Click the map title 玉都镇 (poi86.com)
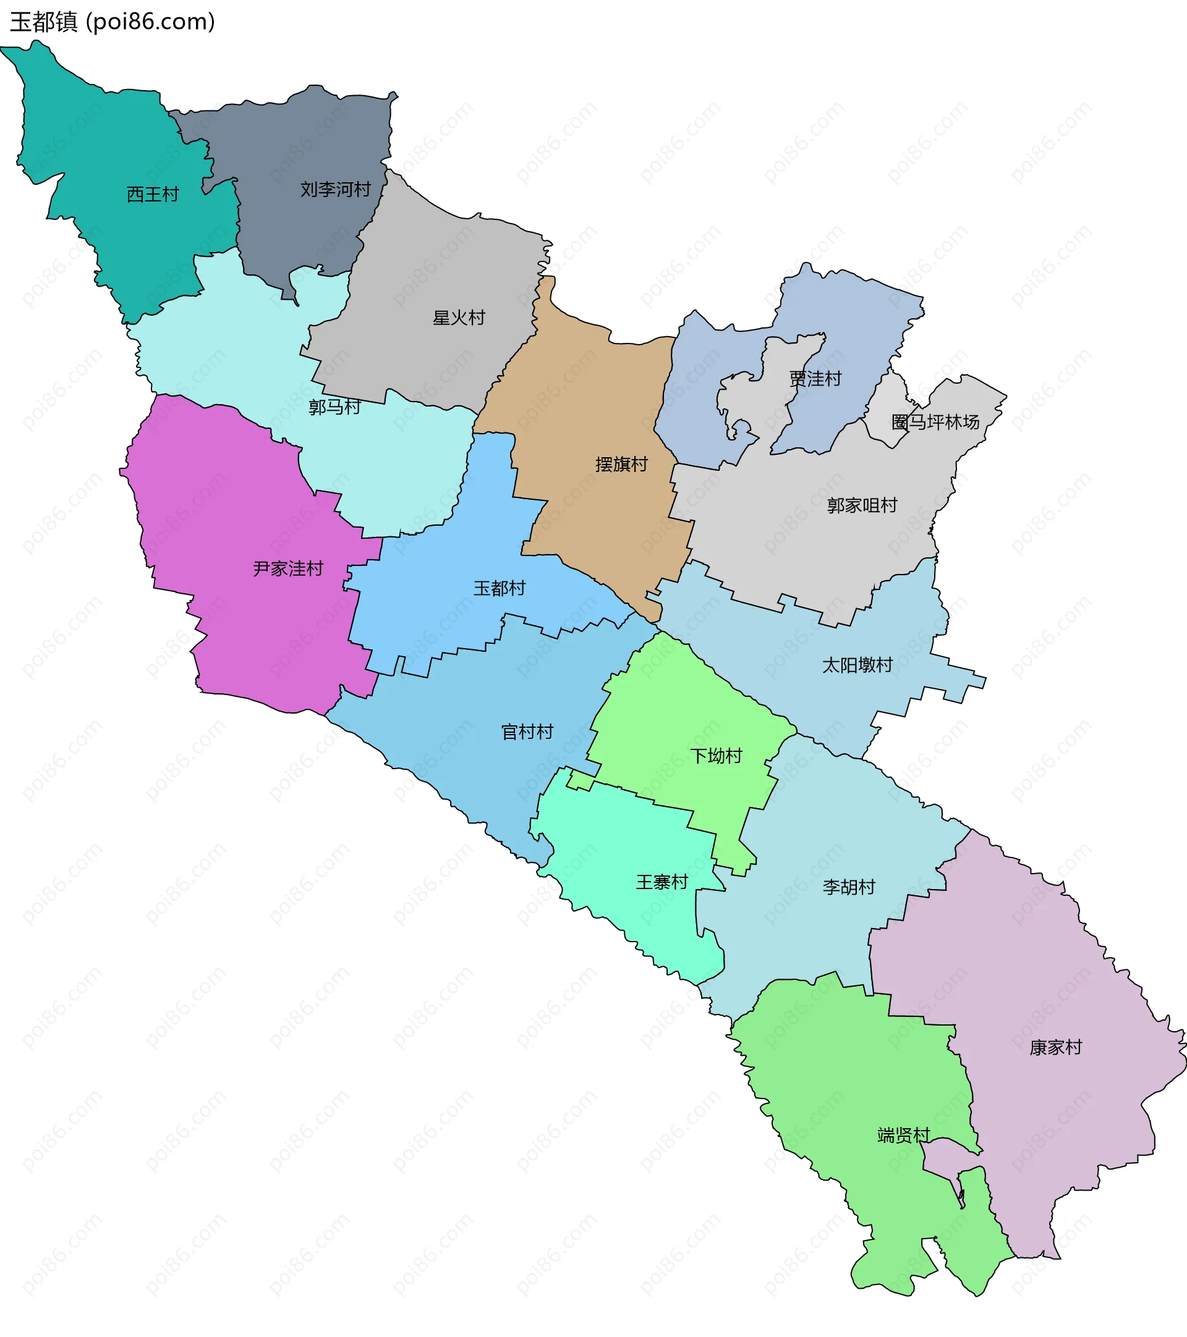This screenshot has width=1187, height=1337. pyautogui.click(x=113, y=22)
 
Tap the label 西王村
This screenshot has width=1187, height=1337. pyautogui.click(x=153, y=194)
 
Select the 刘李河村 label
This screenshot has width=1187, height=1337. pyautogui.click(x=335, y=190)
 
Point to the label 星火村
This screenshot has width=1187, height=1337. pyautogui.click(x=459, y=318)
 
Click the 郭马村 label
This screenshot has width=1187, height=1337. pyautogui.click(x=334, y=408)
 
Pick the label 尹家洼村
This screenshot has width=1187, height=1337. pyautogui.click(x=288, y=568)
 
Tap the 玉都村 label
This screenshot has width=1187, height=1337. pyautogui.click(x=500, y=589)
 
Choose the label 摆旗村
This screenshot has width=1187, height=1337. pyautogui.click(x=621, y=465)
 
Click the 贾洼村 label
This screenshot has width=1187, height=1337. pyautogui.click(x=815, y=379)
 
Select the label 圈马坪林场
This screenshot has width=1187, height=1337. pyautogui.click(x=935, y=423)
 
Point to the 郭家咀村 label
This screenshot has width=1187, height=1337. pyautogui.click(x=862, y=505)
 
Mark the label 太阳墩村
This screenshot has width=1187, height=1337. pyautogui.click(x=857, y=665)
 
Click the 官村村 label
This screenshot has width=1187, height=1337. pyautogui.click(x=527, y=732)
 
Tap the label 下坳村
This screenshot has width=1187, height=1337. pyautogui.click(x=716, y=756)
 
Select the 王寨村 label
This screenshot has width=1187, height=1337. pyautogui.click(x=662, y=882)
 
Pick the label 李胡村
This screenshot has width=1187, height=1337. pyautogui.click(x=849, y=887)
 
